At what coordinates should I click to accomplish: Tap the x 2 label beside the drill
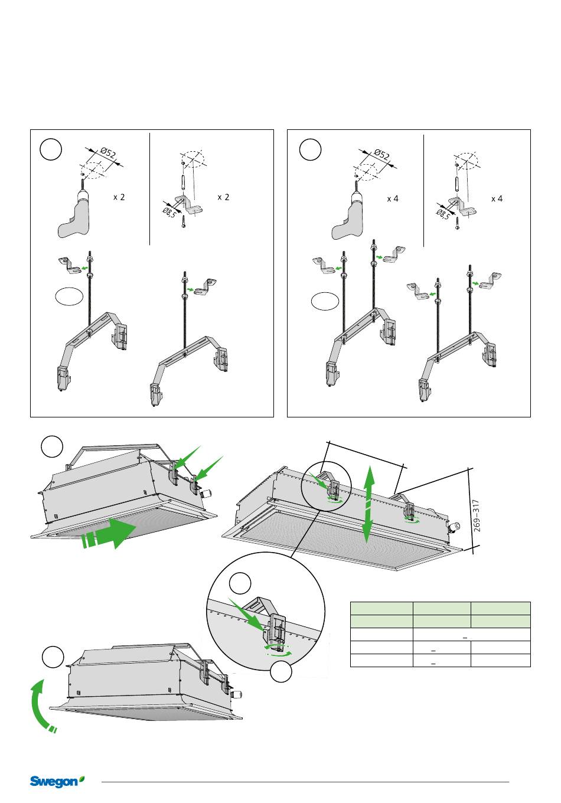tap(119, 197)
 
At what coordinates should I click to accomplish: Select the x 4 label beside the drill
tap(393, 199)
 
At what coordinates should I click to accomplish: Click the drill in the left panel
tap(75, 216)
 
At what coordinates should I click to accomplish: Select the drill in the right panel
tap(348, 218)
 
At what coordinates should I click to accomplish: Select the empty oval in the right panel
tap(325, 302)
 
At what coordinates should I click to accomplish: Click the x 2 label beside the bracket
tap(223, 197)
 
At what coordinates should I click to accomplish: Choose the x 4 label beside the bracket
tap(497, 199)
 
